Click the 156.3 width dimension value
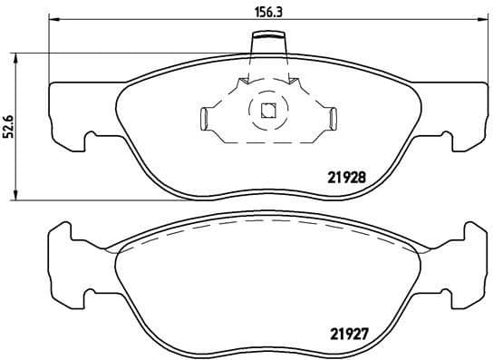(266, 12)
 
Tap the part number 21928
(346, 178)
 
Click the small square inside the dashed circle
(267, 112)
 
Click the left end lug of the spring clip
(205, 117)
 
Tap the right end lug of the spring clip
(331, 117)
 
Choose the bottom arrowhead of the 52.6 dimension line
(13, 196)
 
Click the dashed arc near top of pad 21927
(266, 224)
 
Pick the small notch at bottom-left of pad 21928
(90, 139)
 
